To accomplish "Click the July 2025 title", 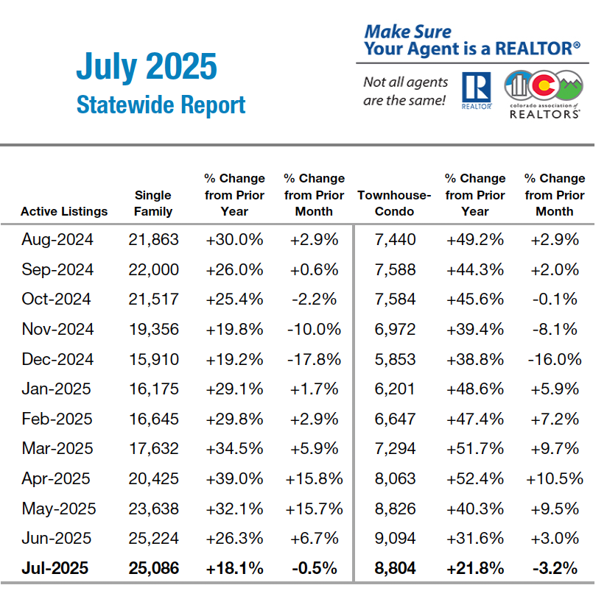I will (x=147, y=67).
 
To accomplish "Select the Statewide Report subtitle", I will (x=161, y=104).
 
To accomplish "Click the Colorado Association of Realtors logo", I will (x=543, y=94).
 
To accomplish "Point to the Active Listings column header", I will (x=64, y=211).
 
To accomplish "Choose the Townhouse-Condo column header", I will (x=394, y=203).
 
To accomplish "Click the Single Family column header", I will (x=153, y=203).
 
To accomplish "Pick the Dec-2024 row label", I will (x=57, y=359).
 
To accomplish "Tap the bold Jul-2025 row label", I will (x=55, y=568).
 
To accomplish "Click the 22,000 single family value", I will (x=153, y=269).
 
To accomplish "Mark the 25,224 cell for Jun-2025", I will (x=153, y=538).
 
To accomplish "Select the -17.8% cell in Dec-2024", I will (x=314, y=359).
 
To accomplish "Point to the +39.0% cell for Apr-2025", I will (x=234, y=478).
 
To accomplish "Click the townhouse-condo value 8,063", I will (x=395, y=478).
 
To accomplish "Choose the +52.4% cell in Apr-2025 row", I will (x=474, y=478).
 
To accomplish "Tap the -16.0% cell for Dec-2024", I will (x=554, y=359).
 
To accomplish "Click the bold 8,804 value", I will (x=395, y=568).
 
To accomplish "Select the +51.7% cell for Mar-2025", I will (x=474, y=448).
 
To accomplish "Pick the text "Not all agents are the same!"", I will (x=405, y=91).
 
